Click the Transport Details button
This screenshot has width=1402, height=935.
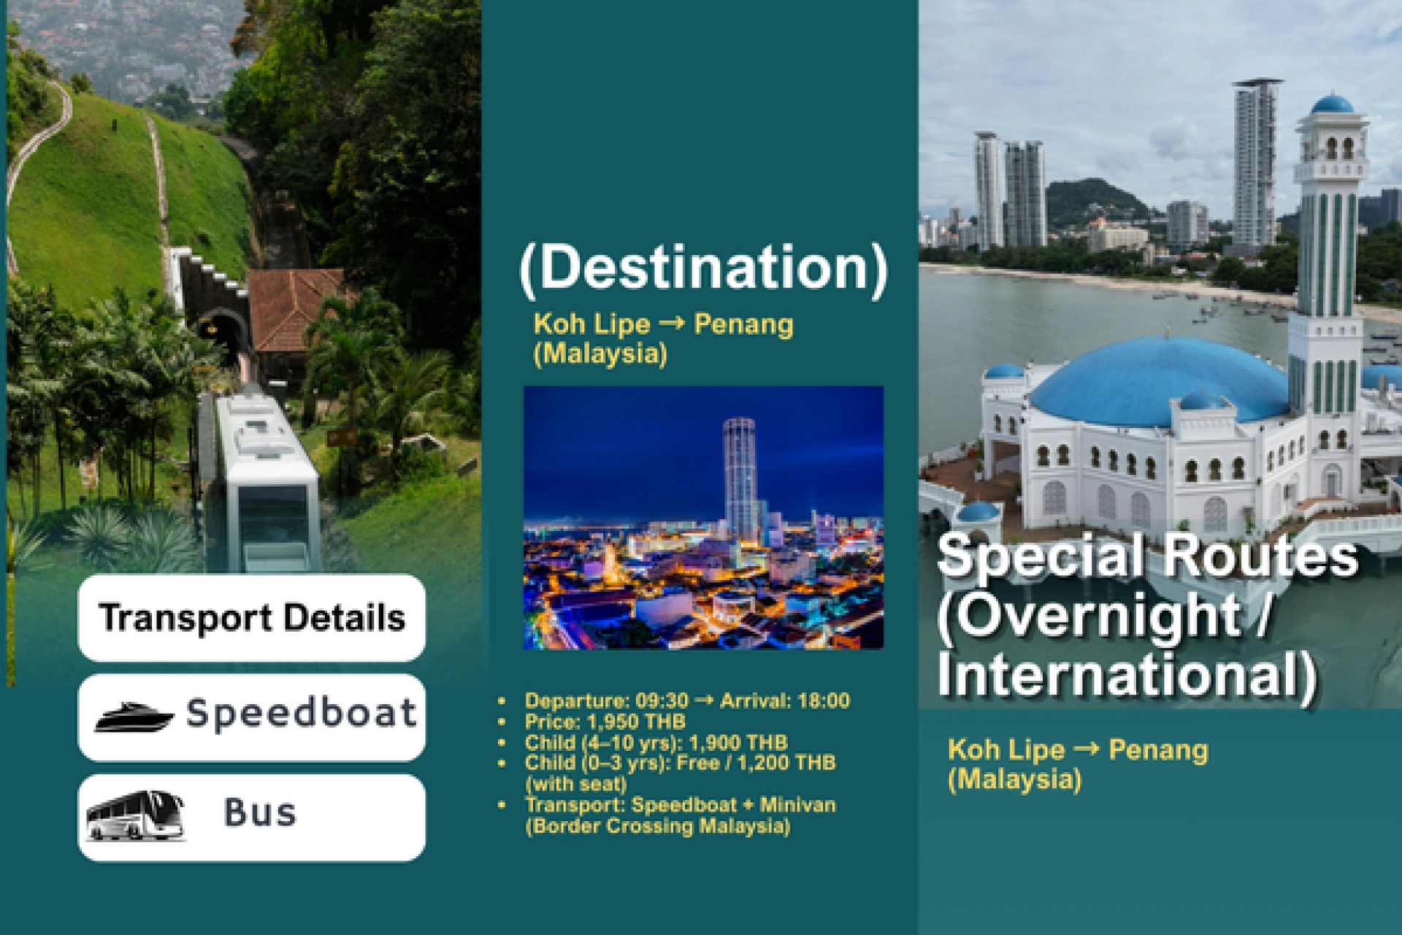tap(252, 618)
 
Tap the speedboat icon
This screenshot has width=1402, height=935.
tap(134, 717)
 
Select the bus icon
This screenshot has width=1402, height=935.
tap(134, 815)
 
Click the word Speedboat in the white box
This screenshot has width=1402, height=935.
tap(301, 714)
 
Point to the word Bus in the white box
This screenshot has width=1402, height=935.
tap(260, 812)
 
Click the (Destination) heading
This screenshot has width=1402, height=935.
tap(703, 269)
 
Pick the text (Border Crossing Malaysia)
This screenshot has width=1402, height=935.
tap(658, 826)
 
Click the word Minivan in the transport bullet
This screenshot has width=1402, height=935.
tap(798, 805)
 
